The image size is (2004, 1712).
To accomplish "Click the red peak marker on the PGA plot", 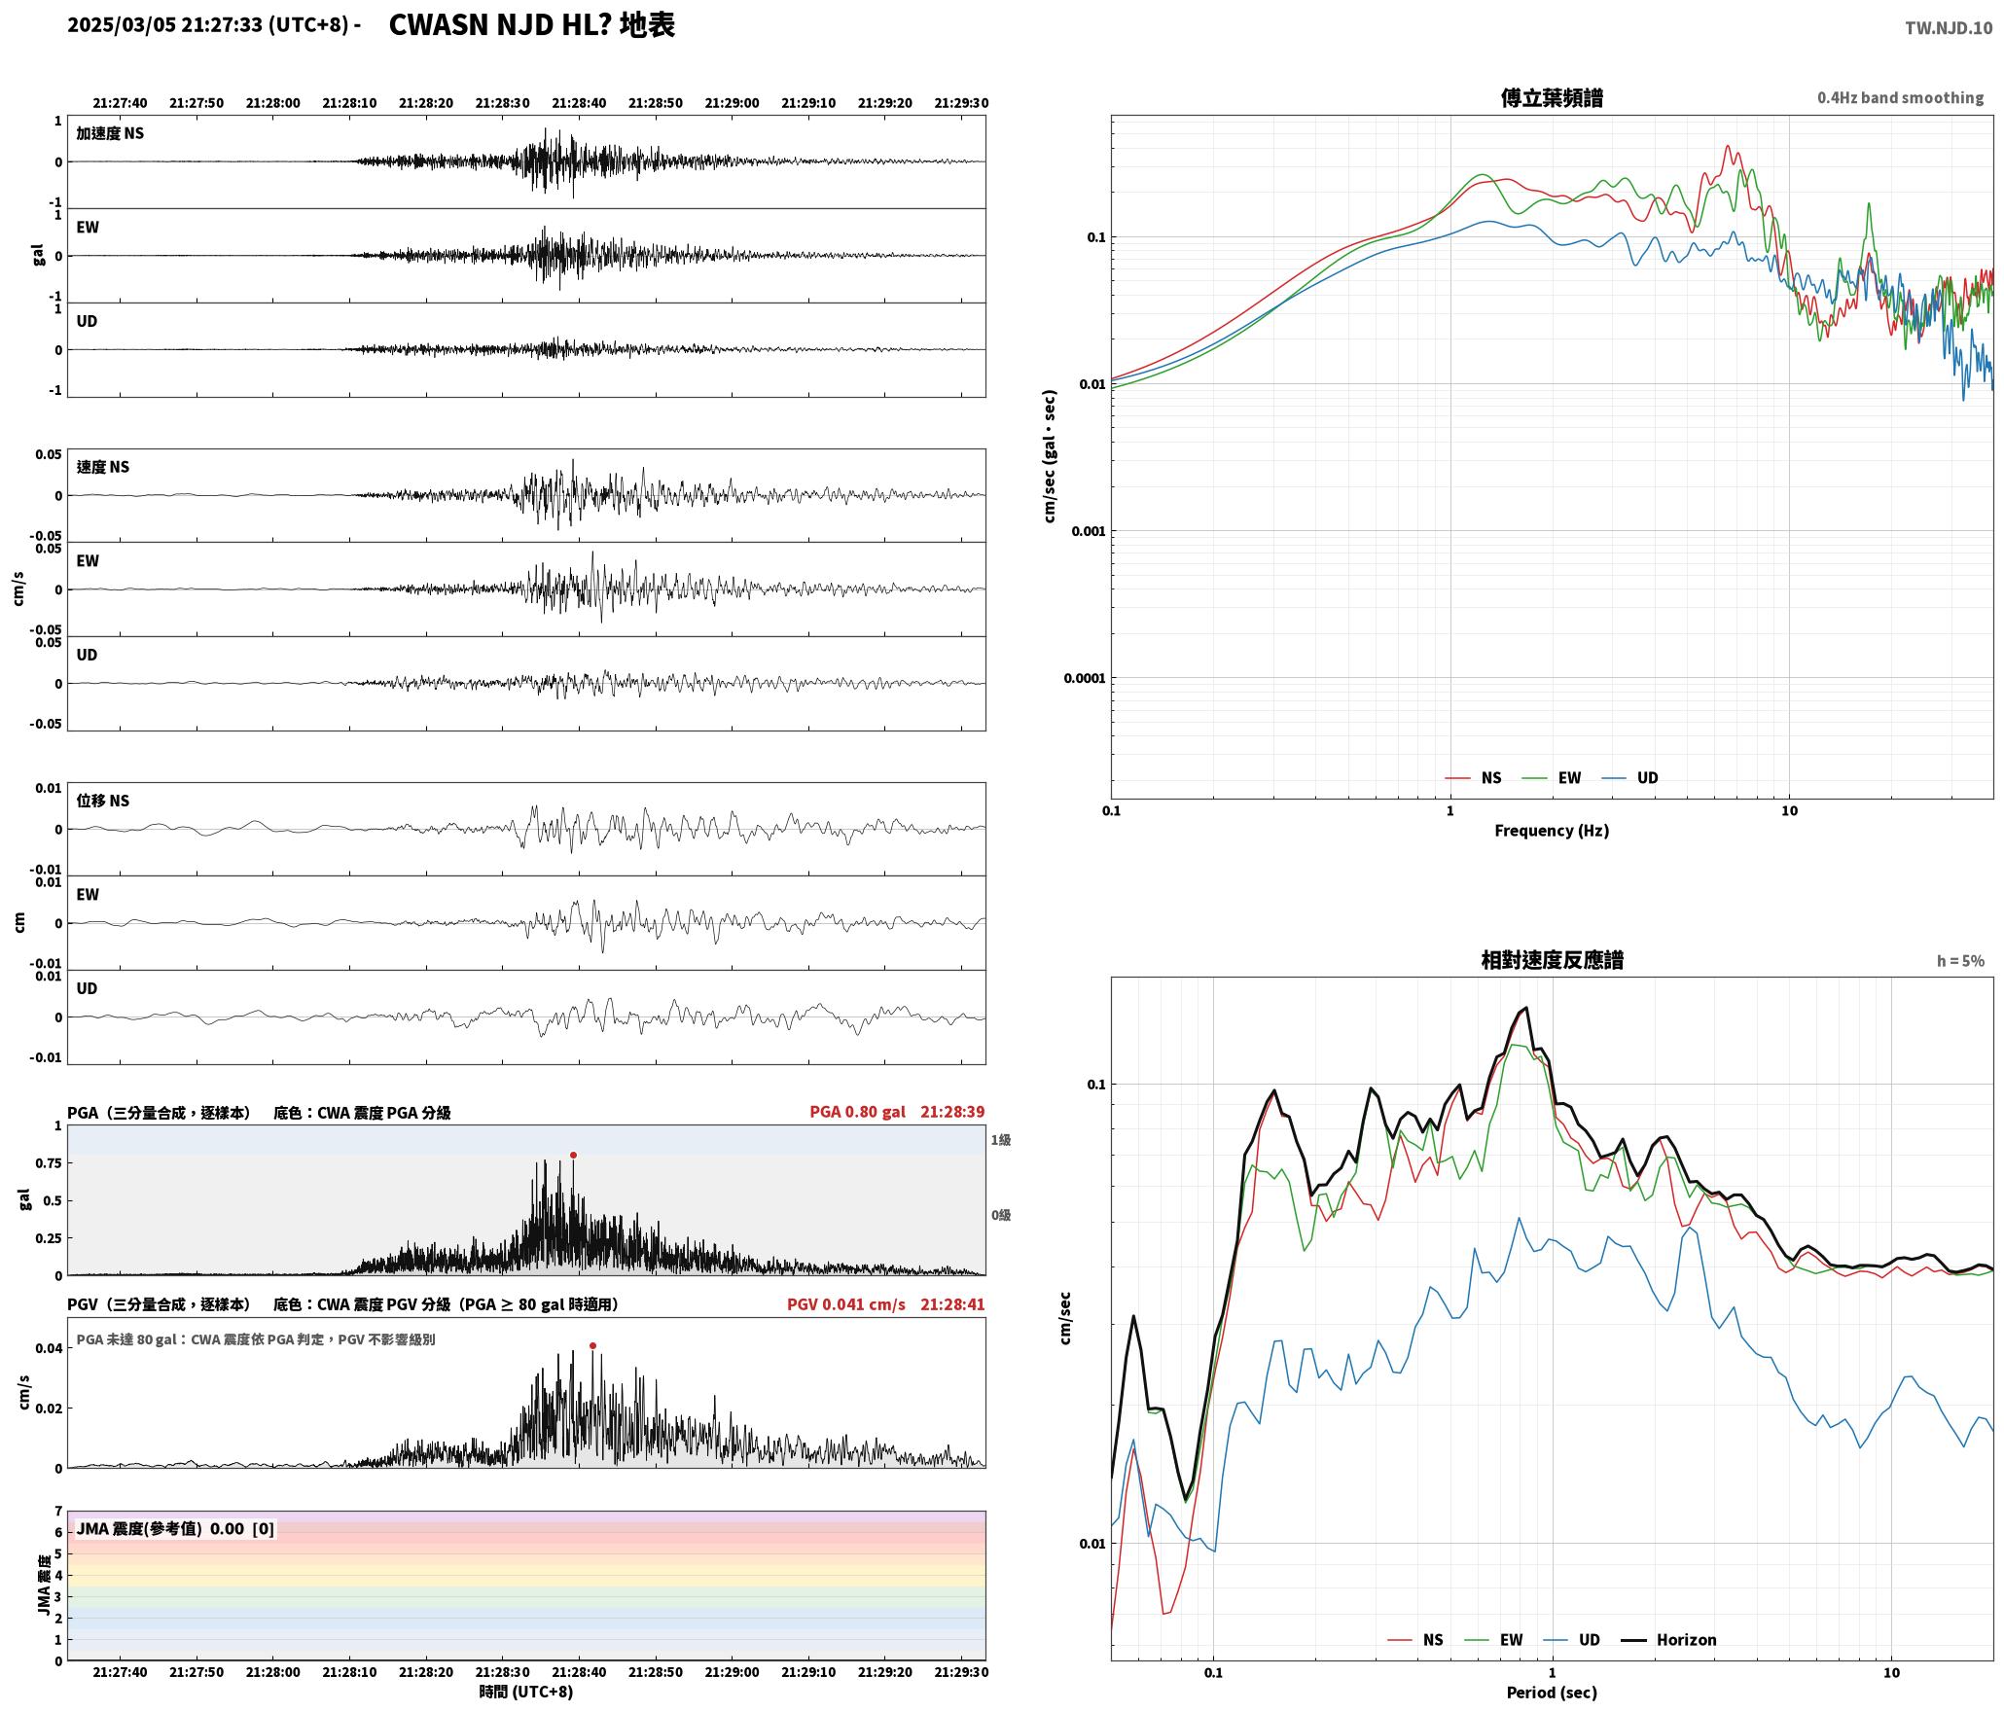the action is [573, 1155].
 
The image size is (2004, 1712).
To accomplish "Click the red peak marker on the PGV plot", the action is [592, 1345].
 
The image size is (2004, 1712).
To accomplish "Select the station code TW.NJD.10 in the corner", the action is [1948, 28].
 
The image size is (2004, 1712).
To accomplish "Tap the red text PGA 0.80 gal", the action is [857, 1112].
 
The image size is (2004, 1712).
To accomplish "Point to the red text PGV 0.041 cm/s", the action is [845, 1303].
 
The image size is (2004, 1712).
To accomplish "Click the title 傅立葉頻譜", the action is [1552, 98].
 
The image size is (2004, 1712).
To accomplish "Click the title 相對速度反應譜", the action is [1552, 960].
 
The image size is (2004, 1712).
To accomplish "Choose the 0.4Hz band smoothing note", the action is [1900, 97].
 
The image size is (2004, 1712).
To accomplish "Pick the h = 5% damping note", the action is [1959, 961].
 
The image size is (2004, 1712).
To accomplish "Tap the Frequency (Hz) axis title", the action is [1552, 830].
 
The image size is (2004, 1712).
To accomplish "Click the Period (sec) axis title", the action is [1552, 1692].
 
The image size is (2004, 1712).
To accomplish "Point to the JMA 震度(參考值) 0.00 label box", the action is [175, 1528].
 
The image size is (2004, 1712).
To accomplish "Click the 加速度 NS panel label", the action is [110, 133].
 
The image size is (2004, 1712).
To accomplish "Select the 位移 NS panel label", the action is [102, 801].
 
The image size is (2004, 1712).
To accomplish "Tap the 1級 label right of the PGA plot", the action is [1000, 1140].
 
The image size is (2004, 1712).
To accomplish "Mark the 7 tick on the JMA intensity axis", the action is [58, 1512].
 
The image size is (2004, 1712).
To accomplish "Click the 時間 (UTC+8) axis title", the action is [525, 1692].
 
